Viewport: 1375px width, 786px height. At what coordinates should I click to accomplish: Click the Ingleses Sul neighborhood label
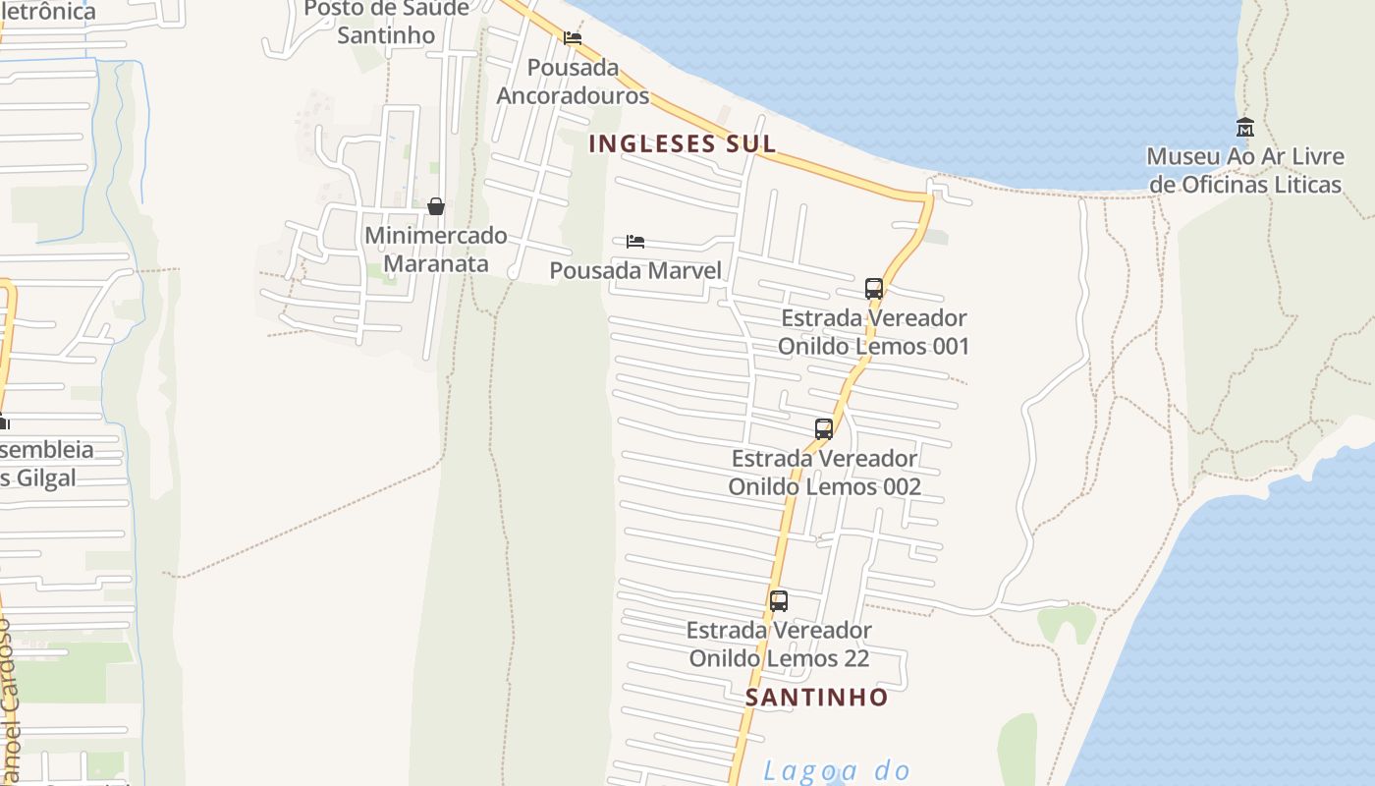(683, 143)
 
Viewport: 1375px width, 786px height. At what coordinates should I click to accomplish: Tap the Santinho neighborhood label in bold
(817, 698)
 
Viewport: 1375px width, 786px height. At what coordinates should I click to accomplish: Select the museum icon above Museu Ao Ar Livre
(1245, 127)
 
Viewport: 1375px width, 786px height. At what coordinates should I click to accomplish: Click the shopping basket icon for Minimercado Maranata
(436, 206)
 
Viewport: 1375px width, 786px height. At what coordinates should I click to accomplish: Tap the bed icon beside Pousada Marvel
(635, 242)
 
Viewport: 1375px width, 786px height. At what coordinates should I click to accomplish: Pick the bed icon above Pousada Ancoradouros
(573, 38)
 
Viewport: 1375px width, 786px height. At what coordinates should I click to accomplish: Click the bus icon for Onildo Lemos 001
(874, 289)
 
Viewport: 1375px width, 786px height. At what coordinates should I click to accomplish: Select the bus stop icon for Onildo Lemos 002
(824, 429)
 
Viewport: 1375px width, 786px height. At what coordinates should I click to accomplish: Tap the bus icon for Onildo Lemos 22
(779, 601)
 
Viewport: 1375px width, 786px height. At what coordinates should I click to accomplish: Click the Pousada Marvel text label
(635, 270)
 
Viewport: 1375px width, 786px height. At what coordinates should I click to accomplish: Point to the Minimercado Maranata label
(436, 250)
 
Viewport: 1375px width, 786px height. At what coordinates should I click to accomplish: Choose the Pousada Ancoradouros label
(574, 82)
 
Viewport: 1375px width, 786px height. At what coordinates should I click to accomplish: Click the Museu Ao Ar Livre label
(1245, 170)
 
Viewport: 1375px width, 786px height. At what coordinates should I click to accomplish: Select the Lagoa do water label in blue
(837, 771)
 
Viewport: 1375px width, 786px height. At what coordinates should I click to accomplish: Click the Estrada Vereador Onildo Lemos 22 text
(779, 644)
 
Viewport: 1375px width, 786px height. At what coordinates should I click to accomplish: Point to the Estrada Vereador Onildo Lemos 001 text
(874, 332)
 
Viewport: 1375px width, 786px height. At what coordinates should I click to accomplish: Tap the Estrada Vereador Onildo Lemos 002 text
(825, 473)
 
